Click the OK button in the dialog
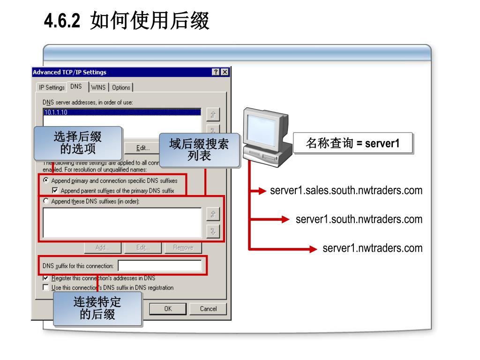(x=168, y=309)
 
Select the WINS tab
(x=98, y=87)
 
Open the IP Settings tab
(x=52, y=88)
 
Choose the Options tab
(x=121, y=88)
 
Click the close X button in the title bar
(x=225, y=72)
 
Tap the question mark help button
(x=217, y=72)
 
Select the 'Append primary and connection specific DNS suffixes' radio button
(x=46, y=180)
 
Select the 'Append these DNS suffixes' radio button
(x=46, y=201)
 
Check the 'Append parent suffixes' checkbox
(x=55, y=191)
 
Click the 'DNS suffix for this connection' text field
(x=159, y=266)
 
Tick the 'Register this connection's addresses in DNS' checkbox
(x=46, y=278)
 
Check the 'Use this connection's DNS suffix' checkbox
(x=46, y=288)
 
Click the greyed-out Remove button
(x=183, y=248)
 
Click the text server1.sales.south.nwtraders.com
(x=346, y=191)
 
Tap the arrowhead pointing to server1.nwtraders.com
(x=314, y=248)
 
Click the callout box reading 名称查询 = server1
(x=353, y=143)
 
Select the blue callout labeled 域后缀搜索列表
(x=199, y=150)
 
